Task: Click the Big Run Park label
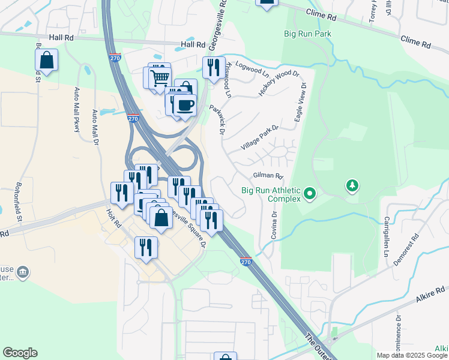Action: coord(308,34)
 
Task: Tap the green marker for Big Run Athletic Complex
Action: coord(310,194)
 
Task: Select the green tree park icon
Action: coord(352,186)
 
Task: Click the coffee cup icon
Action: coord(185,105)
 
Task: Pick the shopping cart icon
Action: coord(159,77)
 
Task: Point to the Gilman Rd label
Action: coord(268,176)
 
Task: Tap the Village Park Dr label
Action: coord(259,138)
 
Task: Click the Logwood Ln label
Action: coord(252,67)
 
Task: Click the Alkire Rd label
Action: coord(430,298)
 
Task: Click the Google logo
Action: coord(20,353)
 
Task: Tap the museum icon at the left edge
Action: coord(22,273)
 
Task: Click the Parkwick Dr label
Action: coord(217,120)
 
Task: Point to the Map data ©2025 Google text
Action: coord(412,355)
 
